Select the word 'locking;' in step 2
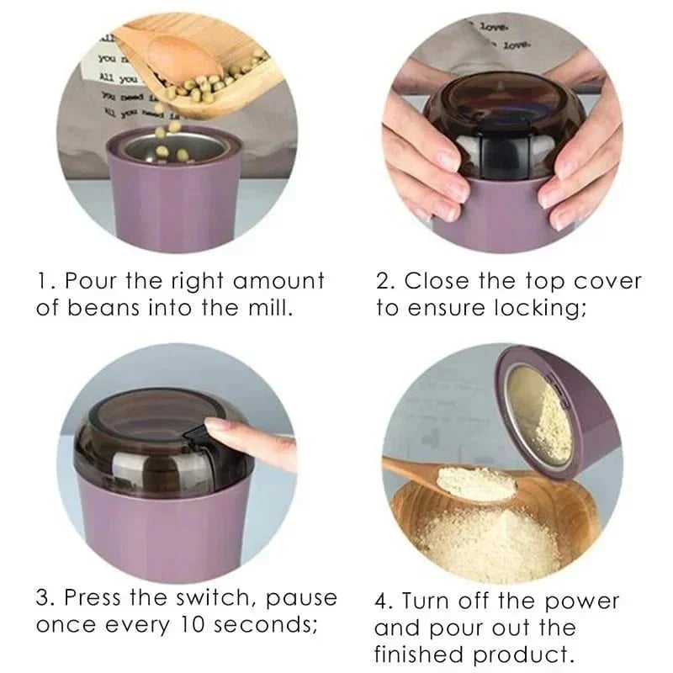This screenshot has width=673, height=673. coord(541,307)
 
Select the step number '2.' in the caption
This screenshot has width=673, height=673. coord(386,280)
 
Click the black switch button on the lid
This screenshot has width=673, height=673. coord(195,434)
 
